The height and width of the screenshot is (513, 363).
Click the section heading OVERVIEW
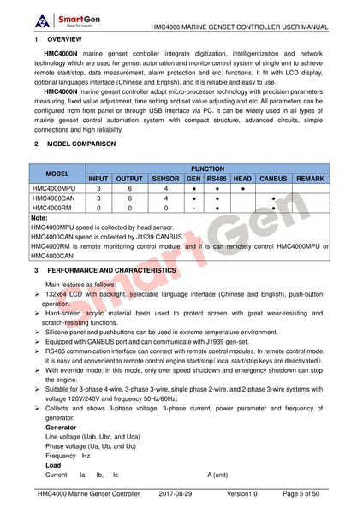tap(65, 40)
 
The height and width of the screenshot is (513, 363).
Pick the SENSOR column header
tap(165, 178)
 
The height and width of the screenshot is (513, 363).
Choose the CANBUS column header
tap(273, 178)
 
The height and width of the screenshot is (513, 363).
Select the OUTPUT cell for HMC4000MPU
tap(130, 188)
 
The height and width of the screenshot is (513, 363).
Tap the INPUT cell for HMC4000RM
tap(98, 207)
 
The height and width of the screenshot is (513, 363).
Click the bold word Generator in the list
tap(61, 427)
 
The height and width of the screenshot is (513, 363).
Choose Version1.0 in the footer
tap(247, 494)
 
